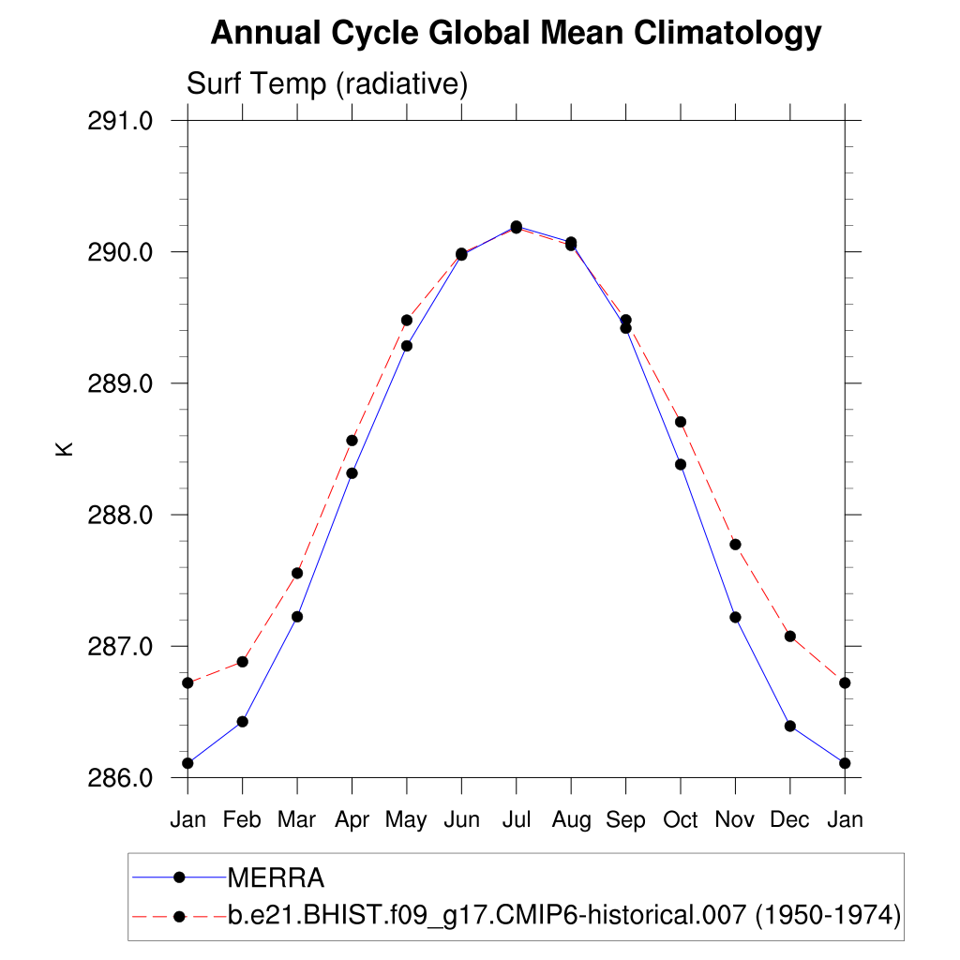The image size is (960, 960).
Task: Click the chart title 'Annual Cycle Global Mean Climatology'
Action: (516, 35)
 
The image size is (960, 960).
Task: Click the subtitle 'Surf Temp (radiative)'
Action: (327, 84)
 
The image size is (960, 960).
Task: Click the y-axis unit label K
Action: (65, 449)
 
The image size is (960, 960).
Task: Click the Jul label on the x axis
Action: (516, 820)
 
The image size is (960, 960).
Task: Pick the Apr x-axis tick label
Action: (352, 820)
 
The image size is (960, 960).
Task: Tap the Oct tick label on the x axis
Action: (680, 820)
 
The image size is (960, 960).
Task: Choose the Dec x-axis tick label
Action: (789, 820)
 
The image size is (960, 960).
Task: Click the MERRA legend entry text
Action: (277, 878)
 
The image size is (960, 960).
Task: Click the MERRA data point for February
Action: (242, 722)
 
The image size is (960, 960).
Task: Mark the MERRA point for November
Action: (735, 617)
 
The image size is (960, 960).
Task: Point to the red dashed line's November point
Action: (735, 545)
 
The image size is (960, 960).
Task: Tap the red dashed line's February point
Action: (242, 662)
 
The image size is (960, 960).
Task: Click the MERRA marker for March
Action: (297, 617)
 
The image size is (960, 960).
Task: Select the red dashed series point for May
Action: (406, 320)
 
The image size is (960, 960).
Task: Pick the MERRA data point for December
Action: (789, 726)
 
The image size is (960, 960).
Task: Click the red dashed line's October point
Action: (681, 422)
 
